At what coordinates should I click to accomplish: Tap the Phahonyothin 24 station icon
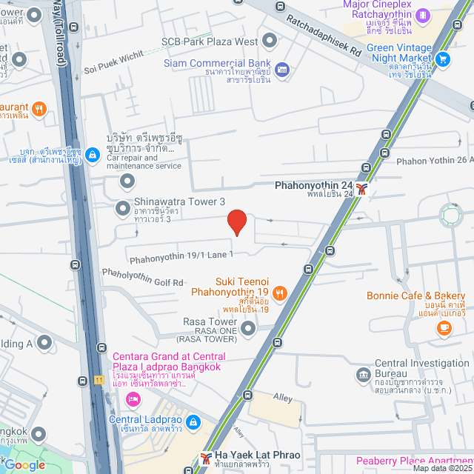tap(361, 188)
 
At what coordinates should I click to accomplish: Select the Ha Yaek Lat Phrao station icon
tap(205, 458)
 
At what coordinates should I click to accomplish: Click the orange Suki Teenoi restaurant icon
tap(279, 294)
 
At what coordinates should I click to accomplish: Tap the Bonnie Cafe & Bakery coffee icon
tap(444, 327)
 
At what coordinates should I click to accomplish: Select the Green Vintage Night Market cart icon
tap(443, 59)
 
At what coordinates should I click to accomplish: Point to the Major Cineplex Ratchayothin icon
tap(422, 15)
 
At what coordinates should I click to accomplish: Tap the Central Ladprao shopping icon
tap(193, 422)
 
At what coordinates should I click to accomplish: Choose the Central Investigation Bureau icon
tap(362, 374)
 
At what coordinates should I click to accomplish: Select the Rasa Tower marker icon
tap(249, 328)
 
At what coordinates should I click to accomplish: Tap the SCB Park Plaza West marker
tap(269, 41)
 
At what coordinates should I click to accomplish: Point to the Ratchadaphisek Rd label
tap(324, 37)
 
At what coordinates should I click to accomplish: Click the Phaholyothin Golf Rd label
tap(142, 277)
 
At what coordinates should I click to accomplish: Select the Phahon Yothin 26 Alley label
tap(435, 159)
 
